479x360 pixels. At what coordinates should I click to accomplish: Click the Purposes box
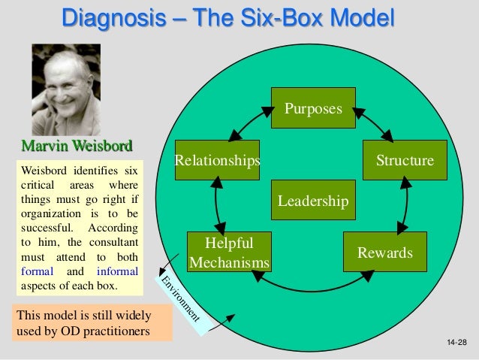point(313,108)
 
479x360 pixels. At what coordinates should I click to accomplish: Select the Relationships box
point(217,160)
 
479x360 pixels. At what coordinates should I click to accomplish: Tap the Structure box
point(405,160)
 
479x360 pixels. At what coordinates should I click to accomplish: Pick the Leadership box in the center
point(313,201)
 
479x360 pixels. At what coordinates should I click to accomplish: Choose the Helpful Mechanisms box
point(229,253)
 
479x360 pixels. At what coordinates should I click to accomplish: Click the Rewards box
point(384,253)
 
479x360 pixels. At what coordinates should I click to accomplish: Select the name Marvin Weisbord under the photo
point(79,145)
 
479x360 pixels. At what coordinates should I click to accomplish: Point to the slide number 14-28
point(456,343)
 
